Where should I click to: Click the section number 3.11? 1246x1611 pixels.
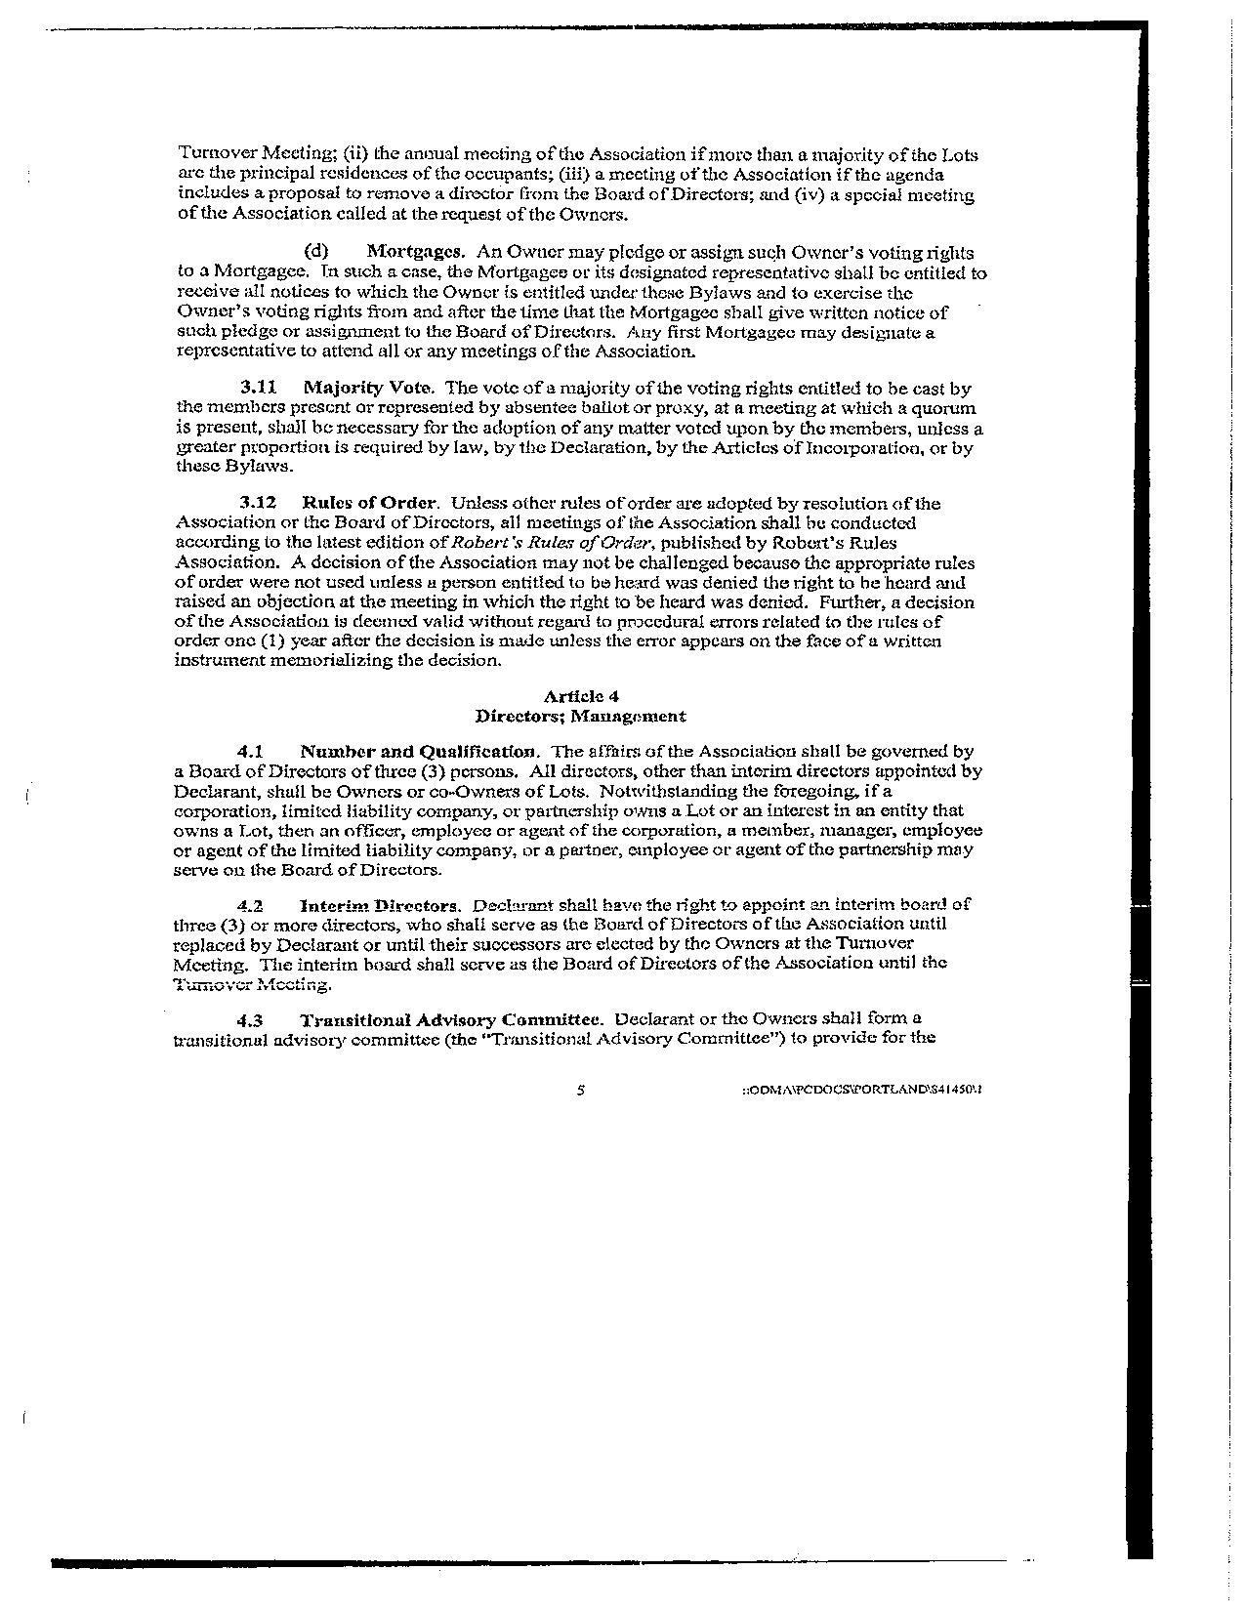259,389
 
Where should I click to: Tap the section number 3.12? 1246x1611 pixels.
259,503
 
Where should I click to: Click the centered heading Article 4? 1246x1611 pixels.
580,696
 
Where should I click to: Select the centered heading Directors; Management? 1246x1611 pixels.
580,716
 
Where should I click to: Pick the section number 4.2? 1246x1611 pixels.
253,905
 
